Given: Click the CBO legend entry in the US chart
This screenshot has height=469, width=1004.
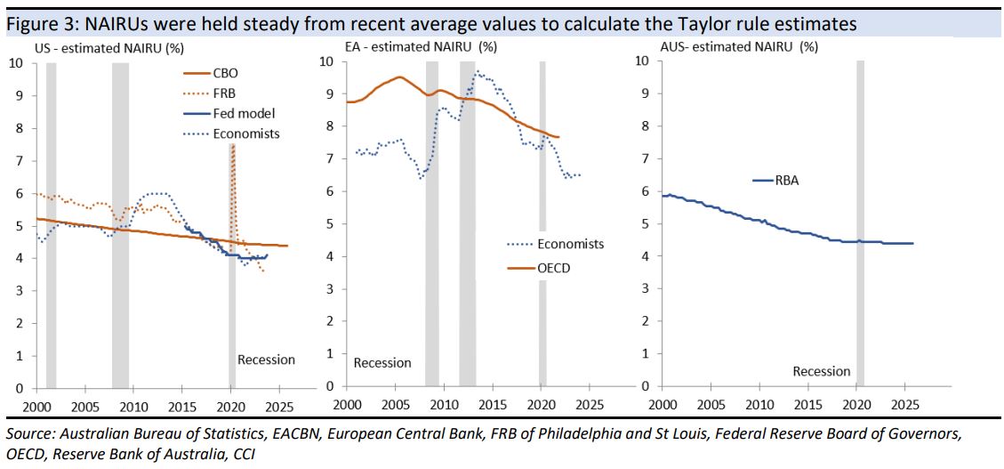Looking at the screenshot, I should pyautogui.click(x=225, y=73).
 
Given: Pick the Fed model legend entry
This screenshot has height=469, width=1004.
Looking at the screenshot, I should pyautogui.click(x=243, y=113).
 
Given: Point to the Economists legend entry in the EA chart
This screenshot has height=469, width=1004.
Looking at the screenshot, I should pyautogui.click(x=570, y=244).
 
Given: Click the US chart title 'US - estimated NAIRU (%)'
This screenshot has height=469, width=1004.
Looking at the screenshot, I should pyautogui.click(x=108, y=47).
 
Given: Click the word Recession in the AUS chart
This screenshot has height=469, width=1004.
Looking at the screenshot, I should pyautogui.click(x=822, y=371).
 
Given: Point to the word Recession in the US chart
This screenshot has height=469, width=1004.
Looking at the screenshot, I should pyautogui.click(x=266, y=360).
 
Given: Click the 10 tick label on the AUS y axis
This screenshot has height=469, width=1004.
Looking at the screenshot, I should pyautogui.click(x=642, y=61).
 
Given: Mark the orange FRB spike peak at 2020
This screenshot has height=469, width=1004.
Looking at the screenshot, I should pyautogui.click(x=232, y=147).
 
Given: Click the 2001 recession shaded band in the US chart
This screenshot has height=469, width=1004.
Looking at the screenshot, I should pyautogui.click(x=51, y=222).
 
